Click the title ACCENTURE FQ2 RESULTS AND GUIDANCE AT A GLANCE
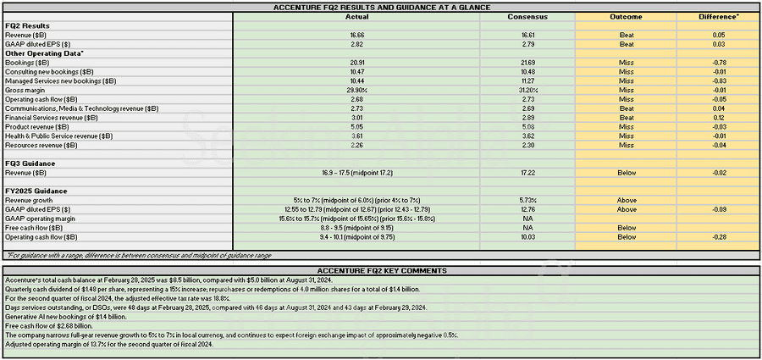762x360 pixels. (x=380, y=6)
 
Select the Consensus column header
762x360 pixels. (x=527, y=16)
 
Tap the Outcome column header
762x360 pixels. (x=626, y=16)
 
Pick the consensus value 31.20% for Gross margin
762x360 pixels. (x=527, y=90)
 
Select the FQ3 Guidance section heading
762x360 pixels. (x=30, y=163)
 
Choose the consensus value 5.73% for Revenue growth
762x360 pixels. (x=527, y=201)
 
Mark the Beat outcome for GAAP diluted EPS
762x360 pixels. (x=626, y=43)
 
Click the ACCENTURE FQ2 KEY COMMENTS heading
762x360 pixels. (x=380, y=269)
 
